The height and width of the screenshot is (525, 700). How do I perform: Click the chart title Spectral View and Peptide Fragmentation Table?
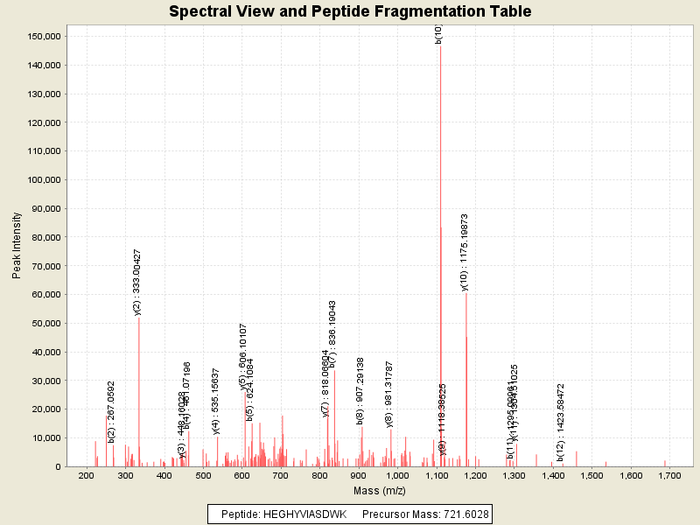pos(350,11)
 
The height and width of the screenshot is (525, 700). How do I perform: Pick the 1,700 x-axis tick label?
pos(669,475)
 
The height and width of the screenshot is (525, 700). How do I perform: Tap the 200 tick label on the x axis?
pos(86,475)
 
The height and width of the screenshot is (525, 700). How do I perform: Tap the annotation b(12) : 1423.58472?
pos(560,422)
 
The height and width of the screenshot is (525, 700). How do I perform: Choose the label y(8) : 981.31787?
pos(389,394)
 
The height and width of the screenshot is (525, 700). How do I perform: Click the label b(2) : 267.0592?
pos(111,410)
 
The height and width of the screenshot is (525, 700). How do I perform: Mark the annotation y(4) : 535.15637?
pos(216,402)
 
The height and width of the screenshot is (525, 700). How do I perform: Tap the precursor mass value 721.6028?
pos(463,514)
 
